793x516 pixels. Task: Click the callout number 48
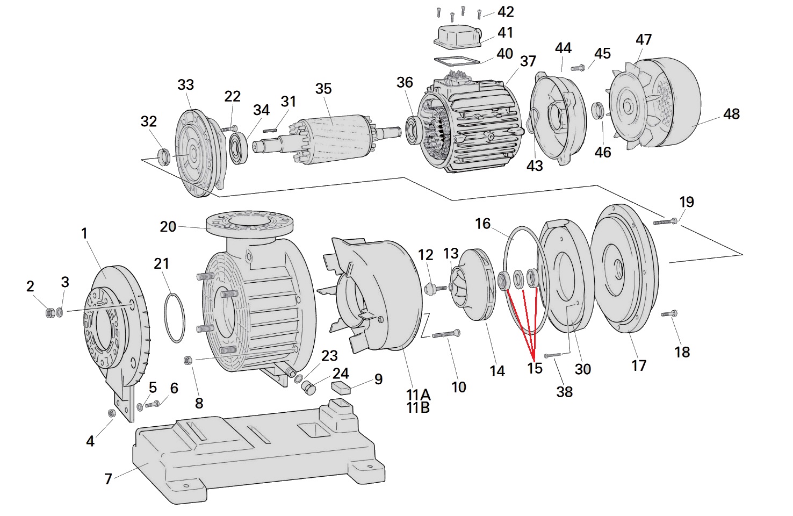pyautogui.click(x=731, y=114)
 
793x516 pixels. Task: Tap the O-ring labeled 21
pyautogui.click(x=173, y=317)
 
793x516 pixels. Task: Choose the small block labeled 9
pyautogui.click(x=342, y=385)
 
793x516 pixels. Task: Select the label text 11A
pyautogui.click(x=418, y=395)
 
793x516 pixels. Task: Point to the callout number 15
pyautogui.click(x=535, y=368)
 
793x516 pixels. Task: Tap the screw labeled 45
pyautogui.click(x=578, y=68)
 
